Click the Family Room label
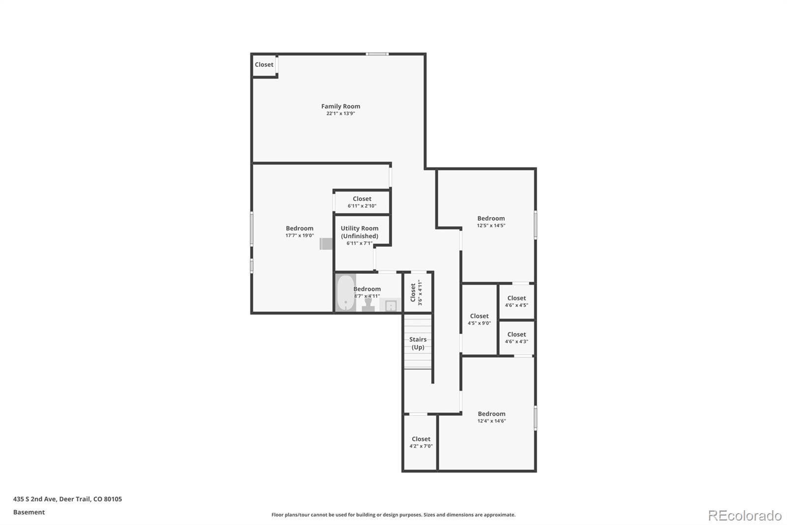(x=340, y=106)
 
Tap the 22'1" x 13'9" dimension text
(x=340, y=114)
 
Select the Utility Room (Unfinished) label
(x=360, y=232)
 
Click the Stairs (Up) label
(x=418, y=343)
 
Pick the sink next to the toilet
(x=391, y=306)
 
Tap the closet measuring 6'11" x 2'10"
(x=362, y=202)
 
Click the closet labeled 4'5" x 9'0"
(x=479, y=319)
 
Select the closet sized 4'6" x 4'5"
(x=516, y=301)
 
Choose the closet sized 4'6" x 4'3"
(x=516, y=337)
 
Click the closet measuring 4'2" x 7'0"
(x=421, y=442)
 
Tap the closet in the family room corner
(x=264, y=65)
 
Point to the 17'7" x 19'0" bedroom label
(x=300, y=231)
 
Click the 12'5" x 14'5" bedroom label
(x=491, y=222)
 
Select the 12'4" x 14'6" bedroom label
(x=491, y=417)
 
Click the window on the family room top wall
(x=377, y=54)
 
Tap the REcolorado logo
(x=745, y=516)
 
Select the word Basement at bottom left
(x=29, y=512)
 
